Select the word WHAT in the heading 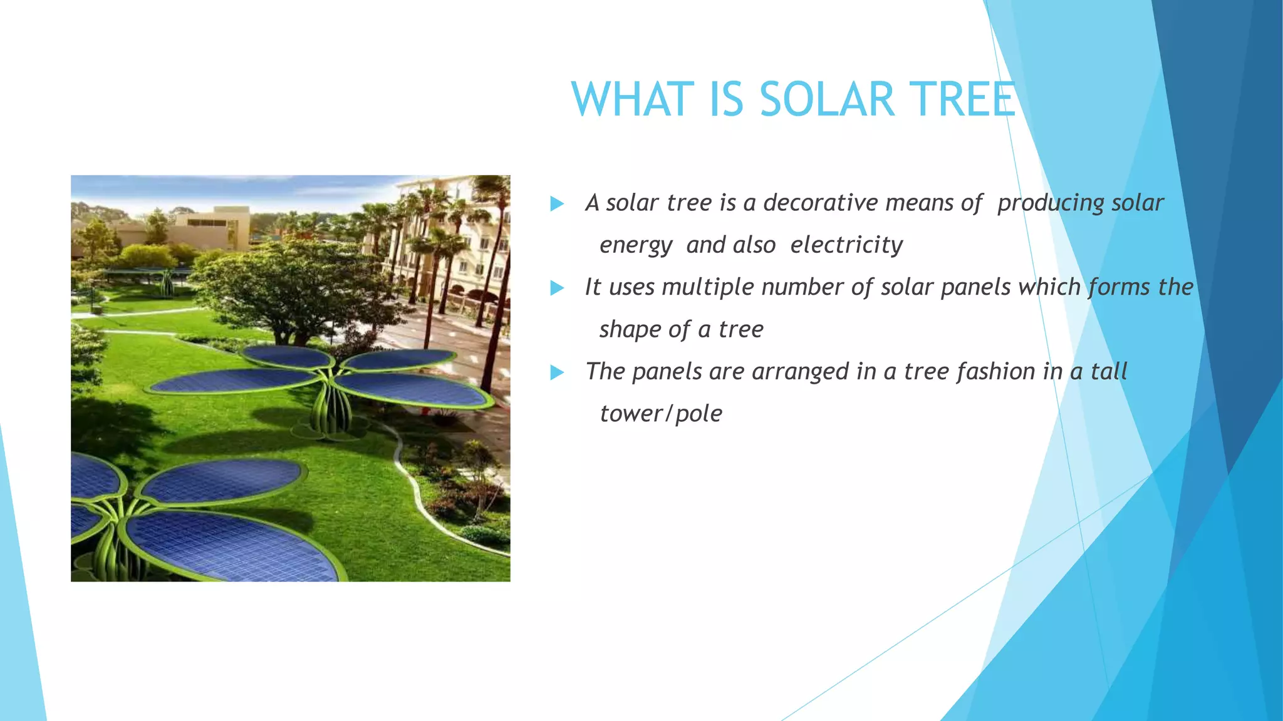(633, 100)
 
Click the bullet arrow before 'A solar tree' (557, 204)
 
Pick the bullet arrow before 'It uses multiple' (557, 289)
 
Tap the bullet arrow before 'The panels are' (557, 373)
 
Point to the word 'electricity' (846, 245)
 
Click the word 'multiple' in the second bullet (708, 287)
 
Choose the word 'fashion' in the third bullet (996, 372)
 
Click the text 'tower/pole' (661, 414)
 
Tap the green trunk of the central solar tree (330, 407)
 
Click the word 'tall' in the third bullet (1109, 372)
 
